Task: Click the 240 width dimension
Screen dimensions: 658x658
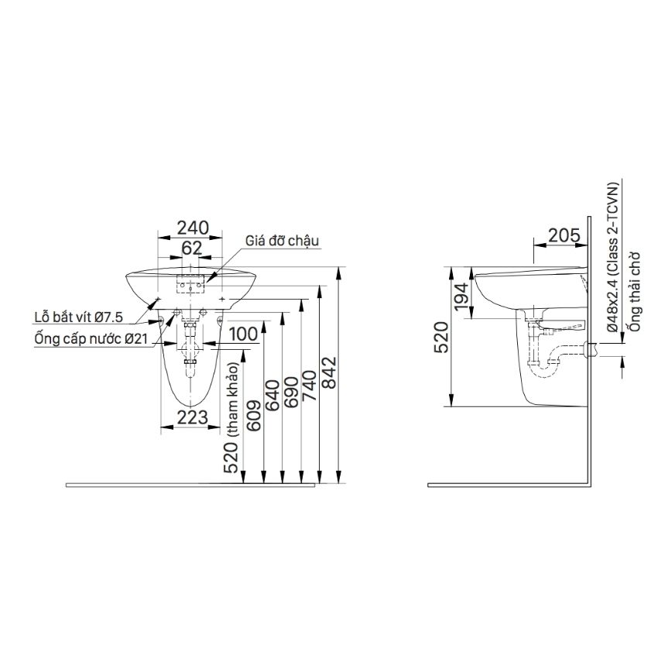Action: [192, 228]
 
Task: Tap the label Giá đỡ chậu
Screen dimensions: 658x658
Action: [283, 241]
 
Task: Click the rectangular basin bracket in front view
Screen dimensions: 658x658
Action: [189, 286]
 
